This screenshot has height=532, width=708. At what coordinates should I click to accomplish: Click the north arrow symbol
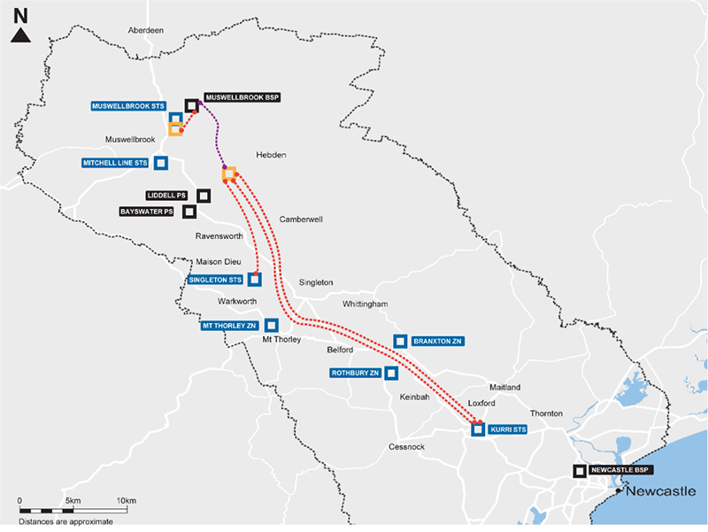21,35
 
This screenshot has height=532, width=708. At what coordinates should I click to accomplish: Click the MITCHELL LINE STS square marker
161,163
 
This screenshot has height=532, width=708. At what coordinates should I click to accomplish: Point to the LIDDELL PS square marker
204,196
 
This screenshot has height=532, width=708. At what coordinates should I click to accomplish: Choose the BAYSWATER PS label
147,212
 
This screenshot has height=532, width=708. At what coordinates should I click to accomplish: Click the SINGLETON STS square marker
255,280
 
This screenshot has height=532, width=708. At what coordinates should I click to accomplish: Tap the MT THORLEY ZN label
227,326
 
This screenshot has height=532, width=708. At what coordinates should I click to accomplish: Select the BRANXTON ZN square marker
400,341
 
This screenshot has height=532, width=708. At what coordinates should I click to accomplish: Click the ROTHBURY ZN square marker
391,374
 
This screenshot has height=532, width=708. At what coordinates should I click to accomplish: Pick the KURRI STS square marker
478,430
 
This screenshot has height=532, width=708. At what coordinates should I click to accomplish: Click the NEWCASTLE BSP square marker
580,471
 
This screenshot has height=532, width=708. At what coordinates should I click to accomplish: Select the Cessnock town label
406,447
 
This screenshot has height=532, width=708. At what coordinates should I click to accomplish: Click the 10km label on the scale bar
126,501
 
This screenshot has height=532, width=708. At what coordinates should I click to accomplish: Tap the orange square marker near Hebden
229,173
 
